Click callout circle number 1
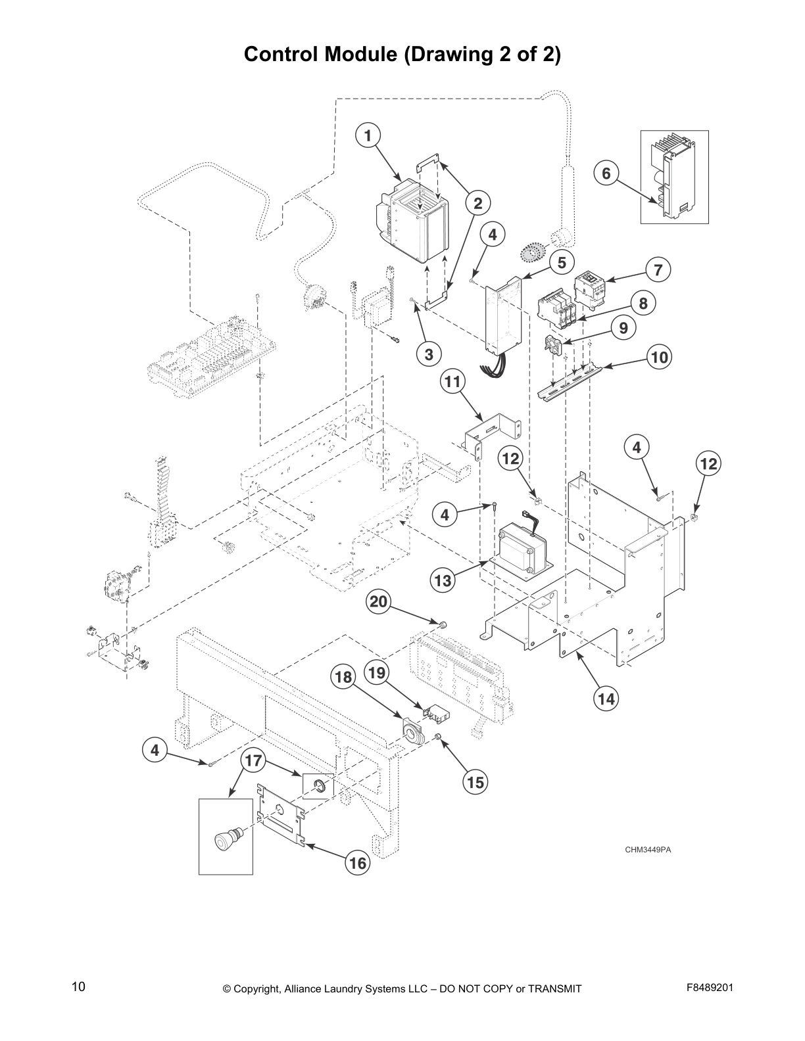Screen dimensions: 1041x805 coord(368,136)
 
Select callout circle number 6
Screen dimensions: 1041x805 coord(606,173)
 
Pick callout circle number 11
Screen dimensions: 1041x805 coord(452,381)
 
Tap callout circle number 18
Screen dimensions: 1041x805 coord(344,678)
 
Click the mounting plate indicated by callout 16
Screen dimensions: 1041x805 coord(281,814)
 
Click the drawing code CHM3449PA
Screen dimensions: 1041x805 coord(647,850)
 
